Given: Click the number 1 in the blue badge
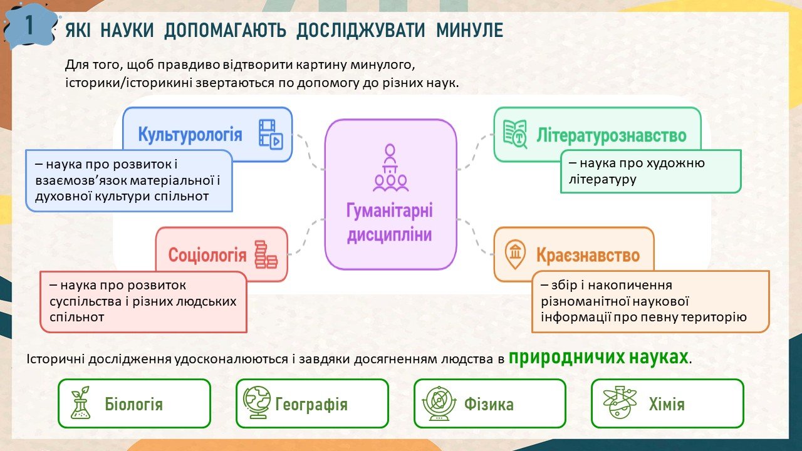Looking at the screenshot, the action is point(29,25).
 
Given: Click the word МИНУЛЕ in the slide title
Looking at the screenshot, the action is point(470,29).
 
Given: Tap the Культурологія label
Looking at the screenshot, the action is point(190,135).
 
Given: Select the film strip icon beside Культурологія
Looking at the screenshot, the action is point(271,134).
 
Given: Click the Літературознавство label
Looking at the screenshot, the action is point(611,135).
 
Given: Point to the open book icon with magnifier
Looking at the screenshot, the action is point(515,134).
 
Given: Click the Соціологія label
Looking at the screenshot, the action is point(207,255).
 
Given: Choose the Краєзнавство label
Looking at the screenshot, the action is point(588,255).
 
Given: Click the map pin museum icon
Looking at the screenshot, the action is point(515,254).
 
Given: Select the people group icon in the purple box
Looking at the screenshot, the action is point(390,167).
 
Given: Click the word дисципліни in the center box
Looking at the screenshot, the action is point(390,235).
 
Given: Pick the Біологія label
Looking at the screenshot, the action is point(134,405).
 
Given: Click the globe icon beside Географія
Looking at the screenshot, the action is point(257,402).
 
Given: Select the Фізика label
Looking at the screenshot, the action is point(489,405).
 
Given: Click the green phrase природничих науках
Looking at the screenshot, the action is point(598,357).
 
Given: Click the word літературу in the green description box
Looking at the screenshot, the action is point(603,179).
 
